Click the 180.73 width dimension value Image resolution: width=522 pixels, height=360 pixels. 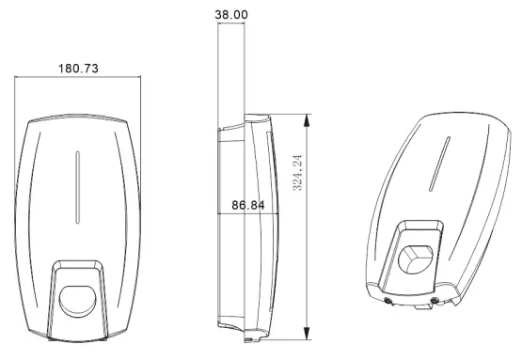point(79,70)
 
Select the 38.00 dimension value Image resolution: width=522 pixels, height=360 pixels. point(231,16)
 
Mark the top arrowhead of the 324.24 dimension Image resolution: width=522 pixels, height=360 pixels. point(307,117)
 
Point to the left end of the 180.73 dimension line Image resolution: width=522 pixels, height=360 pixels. point(17,78)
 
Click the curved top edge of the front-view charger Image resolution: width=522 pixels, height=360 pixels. point(79,119)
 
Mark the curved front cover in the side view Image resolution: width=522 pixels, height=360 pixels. point(271,226)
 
